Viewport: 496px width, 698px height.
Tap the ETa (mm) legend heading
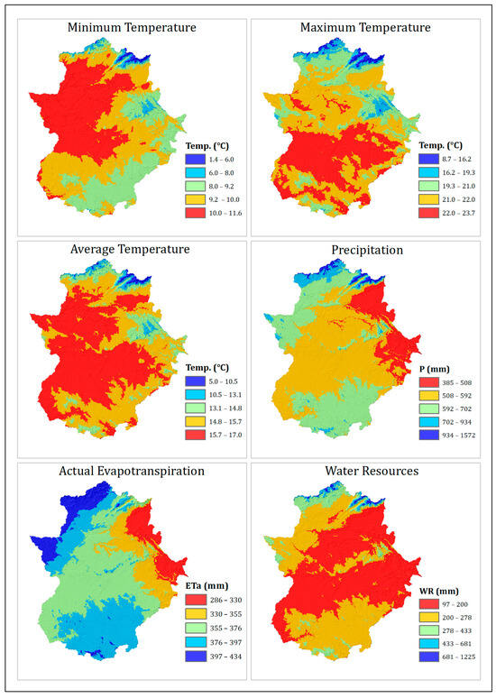201,585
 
